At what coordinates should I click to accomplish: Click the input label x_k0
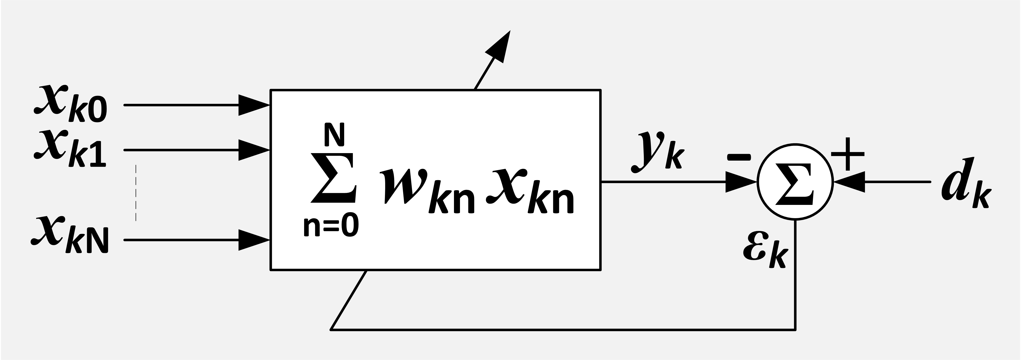[70, 104]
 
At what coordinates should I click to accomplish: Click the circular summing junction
[795, 182]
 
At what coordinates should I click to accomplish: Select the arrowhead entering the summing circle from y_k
[741, 182]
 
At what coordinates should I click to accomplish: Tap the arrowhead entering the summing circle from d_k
[849, 182]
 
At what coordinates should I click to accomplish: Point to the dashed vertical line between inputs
[136, 192]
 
